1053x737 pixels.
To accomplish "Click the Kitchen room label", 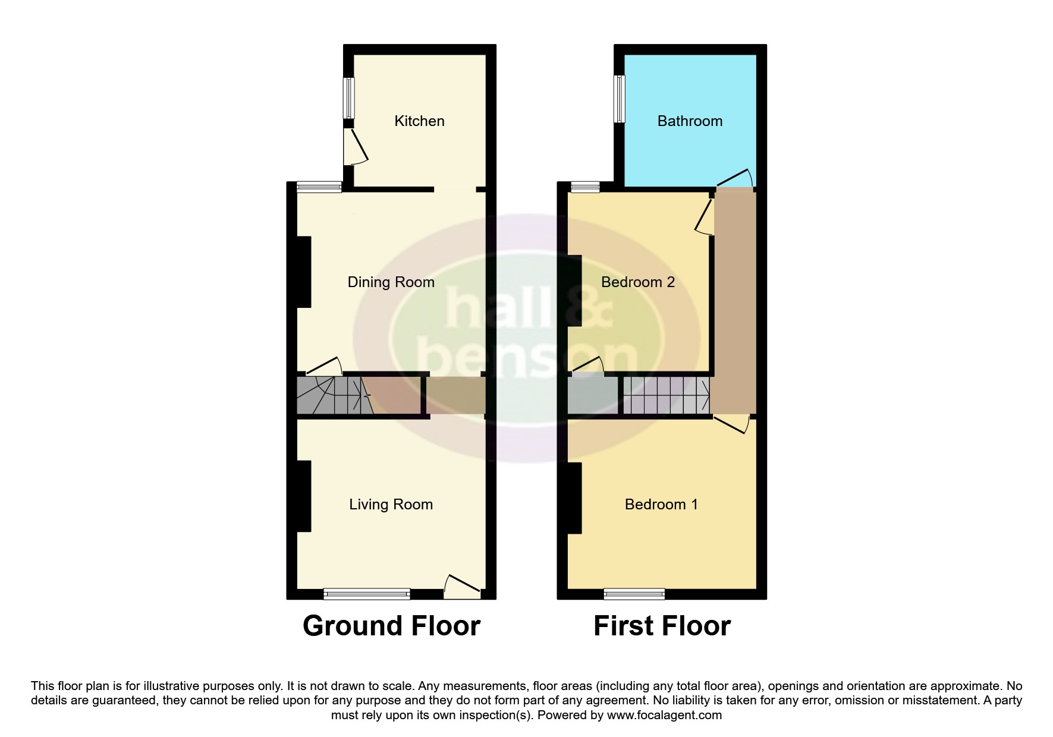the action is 419,121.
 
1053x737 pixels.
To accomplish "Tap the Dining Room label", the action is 391,282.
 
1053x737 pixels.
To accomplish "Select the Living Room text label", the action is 391,505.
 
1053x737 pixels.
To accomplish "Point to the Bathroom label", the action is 690,121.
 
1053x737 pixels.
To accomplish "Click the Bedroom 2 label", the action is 638,282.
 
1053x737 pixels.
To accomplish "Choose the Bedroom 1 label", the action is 661,505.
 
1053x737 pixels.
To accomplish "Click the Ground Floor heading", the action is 391,626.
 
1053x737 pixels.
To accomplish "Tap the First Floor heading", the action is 662,626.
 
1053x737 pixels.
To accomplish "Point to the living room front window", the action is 367,593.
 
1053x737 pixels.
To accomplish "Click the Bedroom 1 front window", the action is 634,593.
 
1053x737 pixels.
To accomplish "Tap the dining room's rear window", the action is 319,187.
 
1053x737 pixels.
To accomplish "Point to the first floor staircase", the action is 667,395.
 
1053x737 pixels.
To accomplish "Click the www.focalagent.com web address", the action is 664,715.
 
